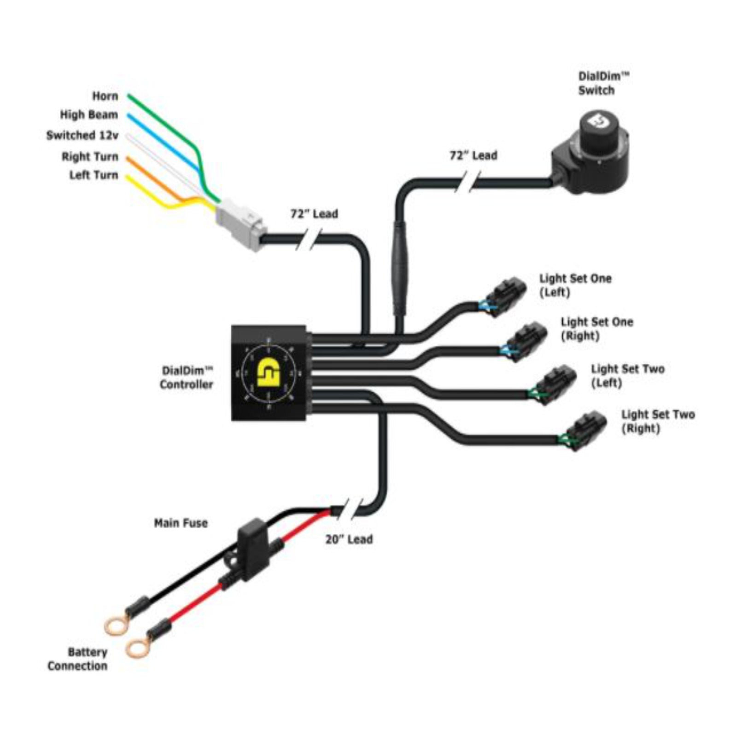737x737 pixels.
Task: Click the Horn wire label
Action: (105, 96)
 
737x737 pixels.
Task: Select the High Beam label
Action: (89, 115)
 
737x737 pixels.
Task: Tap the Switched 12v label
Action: (82, 135)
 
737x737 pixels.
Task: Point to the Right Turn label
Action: (90, 157)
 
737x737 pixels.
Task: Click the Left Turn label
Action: (94, 175)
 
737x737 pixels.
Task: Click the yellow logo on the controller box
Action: (269, 372)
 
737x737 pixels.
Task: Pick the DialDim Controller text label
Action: (187, 377)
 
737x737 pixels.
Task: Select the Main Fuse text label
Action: (181, 523)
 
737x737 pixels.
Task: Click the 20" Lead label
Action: (349, 539)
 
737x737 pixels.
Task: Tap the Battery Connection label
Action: (77, 659)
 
